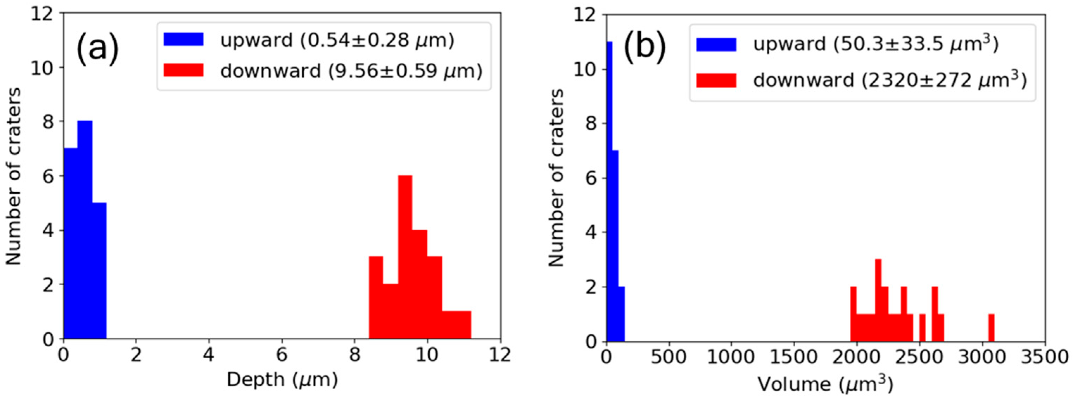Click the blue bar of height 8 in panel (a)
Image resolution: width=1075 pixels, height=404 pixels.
coord(85,229)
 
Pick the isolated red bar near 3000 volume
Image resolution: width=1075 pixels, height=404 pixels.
coord(992,328)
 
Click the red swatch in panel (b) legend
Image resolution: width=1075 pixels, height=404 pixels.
coord(716,80)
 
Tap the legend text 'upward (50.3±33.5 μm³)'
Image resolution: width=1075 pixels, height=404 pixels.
coord(875,44)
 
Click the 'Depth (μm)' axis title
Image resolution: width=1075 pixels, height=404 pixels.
coord(282,379)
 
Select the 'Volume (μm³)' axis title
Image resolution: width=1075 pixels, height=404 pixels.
coord(825,384)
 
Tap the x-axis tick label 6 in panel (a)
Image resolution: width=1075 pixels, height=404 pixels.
coord(282,355)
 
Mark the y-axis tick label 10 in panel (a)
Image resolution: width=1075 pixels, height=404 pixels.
coord(43,68)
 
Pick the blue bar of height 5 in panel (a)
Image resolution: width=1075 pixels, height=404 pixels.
coord(99,271)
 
